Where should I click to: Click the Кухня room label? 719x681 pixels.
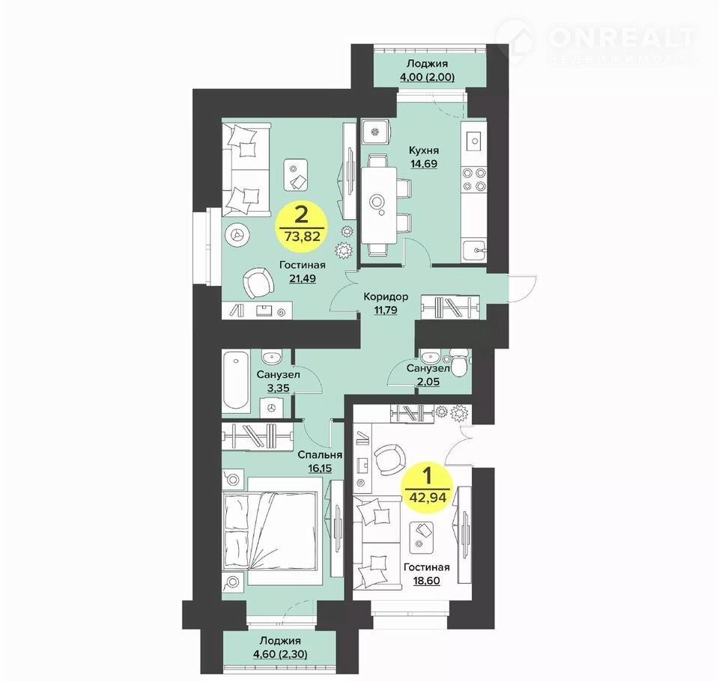(x=424, y=150)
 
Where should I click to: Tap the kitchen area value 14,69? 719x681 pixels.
(x=424, y=164)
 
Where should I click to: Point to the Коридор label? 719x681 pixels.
(x=386, y=297)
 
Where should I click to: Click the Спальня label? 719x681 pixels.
(x=320, y=455)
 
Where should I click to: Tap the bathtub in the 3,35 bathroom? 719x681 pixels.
(x=236, y=380)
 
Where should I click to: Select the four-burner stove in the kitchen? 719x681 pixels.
(x=473, y=179)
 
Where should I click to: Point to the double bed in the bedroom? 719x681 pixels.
(x=270, y=531)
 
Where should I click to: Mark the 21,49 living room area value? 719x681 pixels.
(x=302, y=278)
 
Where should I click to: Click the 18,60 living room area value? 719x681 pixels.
(x=426, y=581)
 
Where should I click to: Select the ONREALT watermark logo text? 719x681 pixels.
(x=622, y=37)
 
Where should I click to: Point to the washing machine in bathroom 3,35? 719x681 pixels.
(x=271, y=407)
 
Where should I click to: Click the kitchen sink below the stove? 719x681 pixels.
(x=474, y=250)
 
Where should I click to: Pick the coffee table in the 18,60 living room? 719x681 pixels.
(x=422, y=536)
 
